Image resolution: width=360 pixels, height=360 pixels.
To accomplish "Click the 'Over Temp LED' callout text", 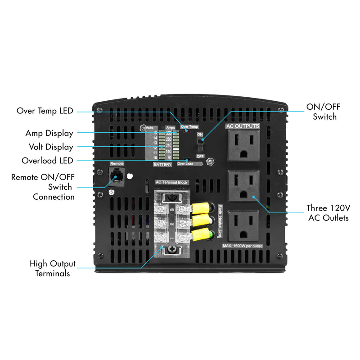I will pyautogui.click(x=45, y=111).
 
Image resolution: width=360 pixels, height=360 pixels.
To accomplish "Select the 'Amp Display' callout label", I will pyautogui.click(x=49, y=133).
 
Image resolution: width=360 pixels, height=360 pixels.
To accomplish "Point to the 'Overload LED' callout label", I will pyautogui.click(x=47, y=161).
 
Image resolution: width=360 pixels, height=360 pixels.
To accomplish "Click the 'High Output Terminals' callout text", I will pyautogui.click(x=53, y=268).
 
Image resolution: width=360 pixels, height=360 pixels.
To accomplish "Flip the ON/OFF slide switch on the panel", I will pyautogui.click(x=201, y=145).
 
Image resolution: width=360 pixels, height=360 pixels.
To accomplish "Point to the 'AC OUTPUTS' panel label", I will pyautogui.click(x=243, y=126).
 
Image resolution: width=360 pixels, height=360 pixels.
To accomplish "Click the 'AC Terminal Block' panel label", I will pyautogui.click(x=171, y=182).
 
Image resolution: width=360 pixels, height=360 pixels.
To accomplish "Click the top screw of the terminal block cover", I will pyautogui.click(x=171, y=197).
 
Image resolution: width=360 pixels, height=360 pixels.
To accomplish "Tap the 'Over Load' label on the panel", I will pyautogui.click(x=185, y=164).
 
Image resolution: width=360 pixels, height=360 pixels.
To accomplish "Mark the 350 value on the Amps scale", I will pyautogui.click(x=169, y=133).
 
